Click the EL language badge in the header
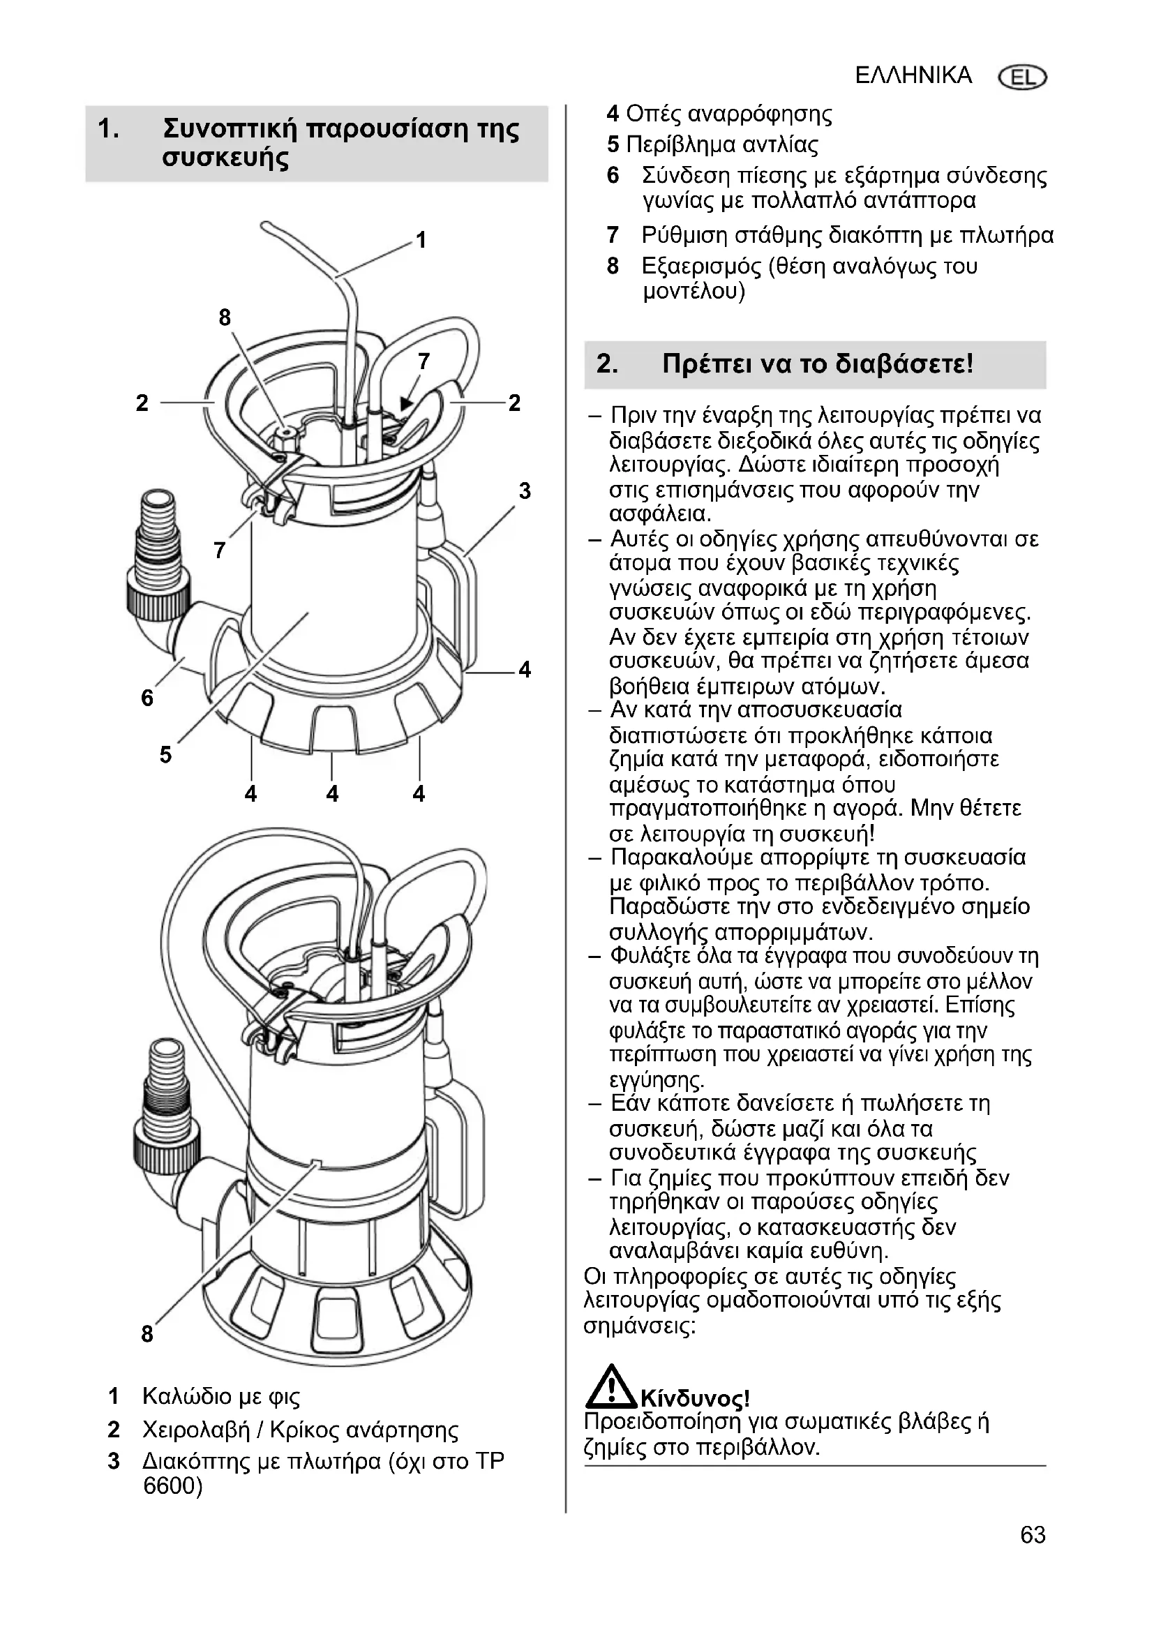click(1023, 77)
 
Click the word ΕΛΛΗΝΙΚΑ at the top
click(913, 75)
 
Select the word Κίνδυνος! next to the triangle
click(695, 1399)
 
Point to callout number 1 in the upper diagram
click(421, 240)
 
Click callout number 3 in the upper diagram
click(525, 491)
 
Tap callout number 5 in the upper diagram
click(165, 755)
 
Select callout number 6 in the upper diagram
click(147, 698)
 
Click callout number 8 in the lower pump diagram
click(147, 1333)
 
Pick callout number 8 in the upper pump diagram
click(225, 317)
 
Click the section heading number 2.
click(607, 364)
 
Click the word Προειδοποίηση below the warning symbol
click(652, 1422)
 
